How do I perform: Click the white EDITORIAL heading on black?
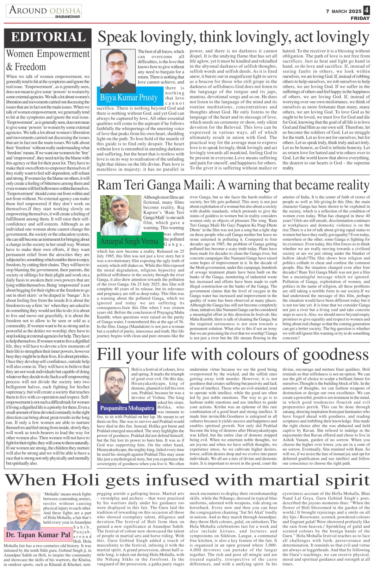pyautogui.click(x=48, y=37)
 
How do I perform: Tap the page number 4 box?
pyautogui.click(x=367, y=11)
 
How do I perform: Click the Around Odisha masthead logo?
pyautogui.click(x=44, y=11)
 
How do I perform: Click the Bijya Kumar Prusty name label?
pyautogui.click(x=129, y=97)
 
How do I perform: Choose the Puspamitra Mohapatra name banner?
pyautogui.click(x=127, y=408)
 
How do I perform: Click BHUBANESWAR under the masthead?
pyautogui.click(x=68, y=17)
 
